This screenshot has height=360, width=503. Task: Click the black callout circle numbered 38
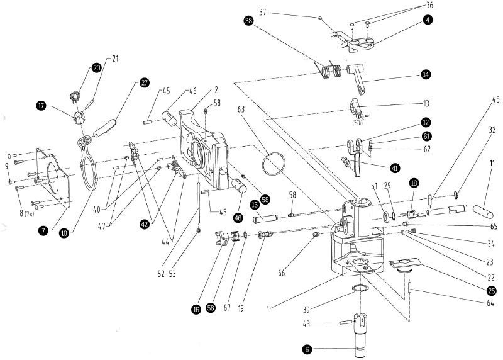(249, 20)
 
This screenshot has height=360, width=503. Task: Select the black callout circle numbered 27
(145, 82)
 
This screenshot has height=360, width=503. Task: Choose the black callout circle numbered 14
(426, 74)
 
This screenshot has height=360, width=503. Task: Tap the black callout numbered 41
(394, 168)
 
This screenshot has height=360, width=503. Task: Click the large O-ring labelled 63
(275, 165)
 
